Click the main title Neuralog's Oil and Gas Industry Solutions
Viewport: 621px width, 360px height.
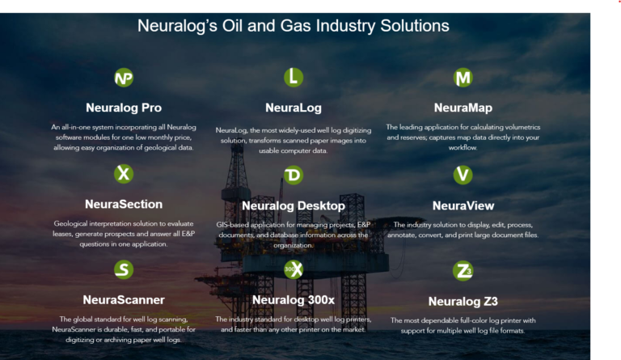[x=294, y=25]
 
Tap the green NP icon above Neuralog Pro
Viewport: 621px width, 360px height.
[x=124, y=78]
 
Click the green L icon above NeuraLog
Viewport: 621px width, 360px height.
[x=294, y=78]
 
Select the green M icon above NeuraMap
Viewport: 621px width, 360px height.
[x=463, y=78]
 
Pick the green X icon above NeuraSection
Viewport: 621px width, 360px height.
[x=124, y=174]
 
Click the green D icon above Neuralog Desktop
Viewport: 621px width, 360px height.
[x=294, y=176]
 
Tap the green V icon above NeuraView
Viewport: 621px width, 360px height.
[x=463, y=175]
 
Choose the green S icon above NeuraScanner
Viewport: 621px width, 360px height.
[x=124, y=269]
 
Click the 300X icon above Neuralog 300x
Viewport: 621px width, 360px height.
[x=294, y=269]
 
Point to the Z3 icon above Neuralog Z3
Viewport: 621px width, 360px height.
[x=463, y=271]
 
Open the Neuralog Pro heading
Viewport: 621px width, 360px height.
[x=124, y=108]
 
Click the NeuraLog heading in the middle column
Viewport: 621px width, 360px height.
[x=294, y=108]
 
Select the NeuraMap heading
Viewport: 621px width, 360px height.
[x=463, y=108]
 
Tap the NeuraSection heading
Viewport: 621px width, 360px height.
[x=124, y=205]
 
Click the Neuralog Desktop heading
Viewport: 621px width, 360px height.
[x=294, y=206]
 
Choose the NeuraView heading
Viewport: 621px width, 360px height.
[x=463, y=205]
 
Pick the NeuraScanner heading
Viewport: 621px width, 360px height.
[x=124, y=300]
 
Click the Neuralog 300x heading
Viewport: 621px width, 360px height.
[x=294, y=300]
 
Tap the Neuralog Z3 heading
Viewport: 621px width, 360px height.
[x=463, y=302]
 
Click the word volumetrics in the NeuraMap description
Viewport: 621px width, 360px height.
[x=518, y=127]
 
